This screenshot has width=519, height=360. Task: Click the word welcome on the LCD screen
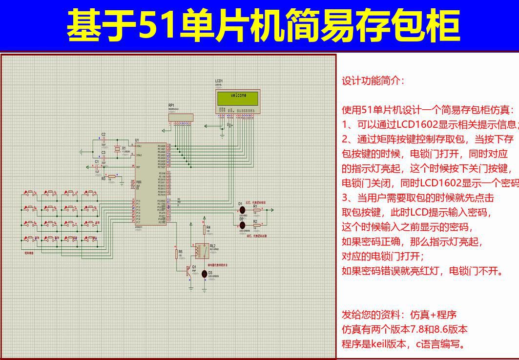click(238, 96)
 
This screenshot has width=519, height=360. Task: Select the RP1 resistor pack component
click(181, 117)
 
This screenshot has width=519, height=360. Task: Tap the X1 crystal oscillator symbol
click(117, 149)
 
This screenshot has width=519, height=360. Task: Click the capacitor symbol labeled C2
click(104, 140)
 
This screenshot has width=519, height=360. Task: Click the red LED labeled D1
click(241, 210)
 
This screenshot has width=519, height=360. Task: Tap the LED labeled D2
click(241, 225)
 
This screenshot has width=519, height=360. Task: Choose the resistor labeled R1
click(257, 210)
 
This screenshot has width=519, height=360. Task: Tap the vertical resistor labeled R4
click(204, 229)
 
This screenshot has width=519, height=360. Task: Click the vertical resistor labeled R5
click(176, 254)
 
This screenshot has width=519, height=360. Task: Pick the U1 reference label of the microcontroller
click(137, 140)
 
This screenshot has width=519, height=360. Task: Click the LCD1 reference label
click(219, 81)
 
